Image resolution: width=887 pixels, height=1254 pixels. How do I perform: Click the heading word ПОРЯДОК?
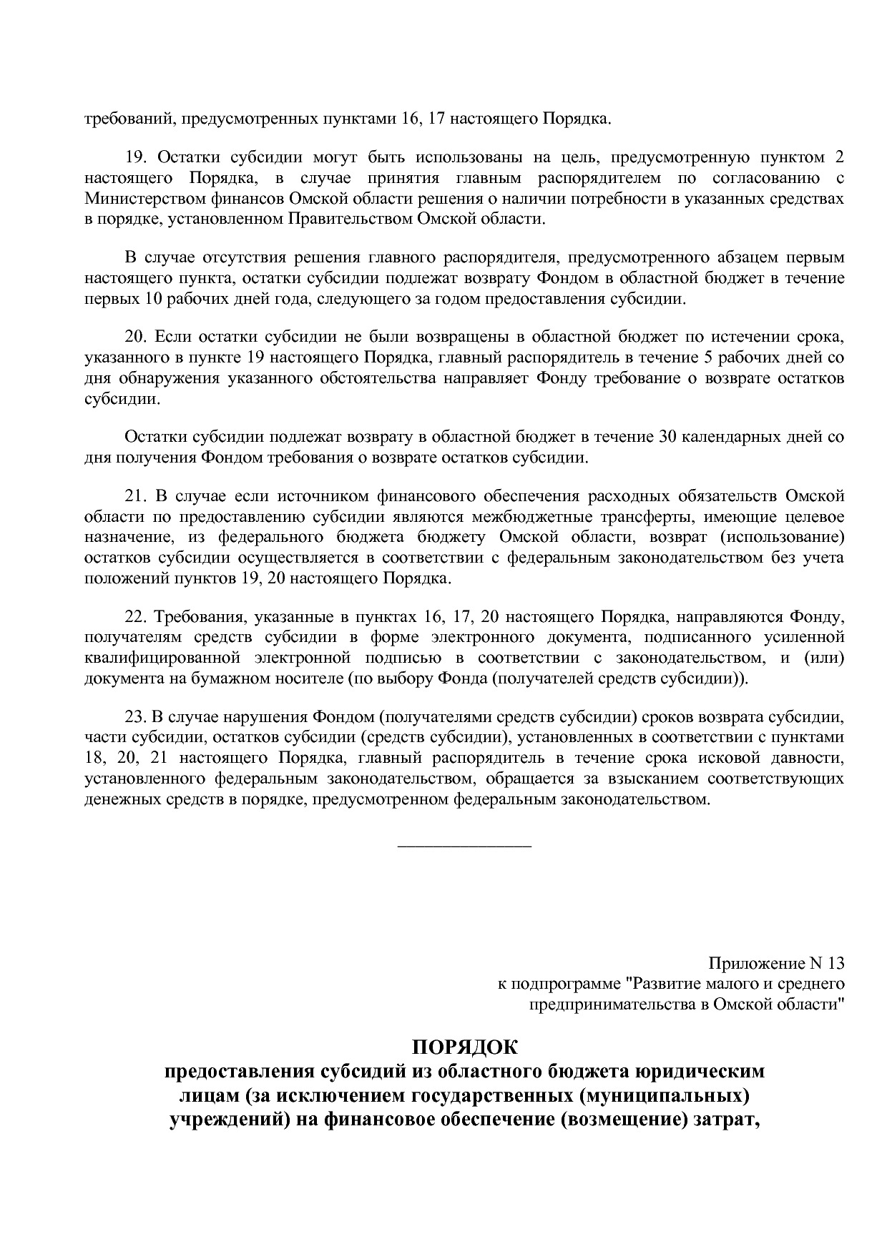click(x=464, y=1048)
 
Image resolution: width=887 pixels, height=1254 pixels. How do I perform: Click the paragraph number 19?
click(x=134, y=157)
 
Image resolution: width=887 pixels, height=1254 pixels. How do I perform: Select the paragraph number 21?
click(x=134, y=496)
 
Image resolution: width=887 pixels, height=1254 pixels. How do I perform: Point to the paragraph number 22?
click(x=134, y=616)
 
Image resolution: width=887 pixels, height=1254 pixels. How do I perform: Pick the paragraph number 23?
click(x=134, y=716)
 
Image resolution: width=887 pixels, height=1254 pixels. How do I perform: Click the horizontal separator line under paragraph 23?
click(x=464, y=847)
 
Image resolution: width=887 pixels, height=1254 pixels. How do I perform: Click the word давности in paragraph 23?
click(x=811, y=757)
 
